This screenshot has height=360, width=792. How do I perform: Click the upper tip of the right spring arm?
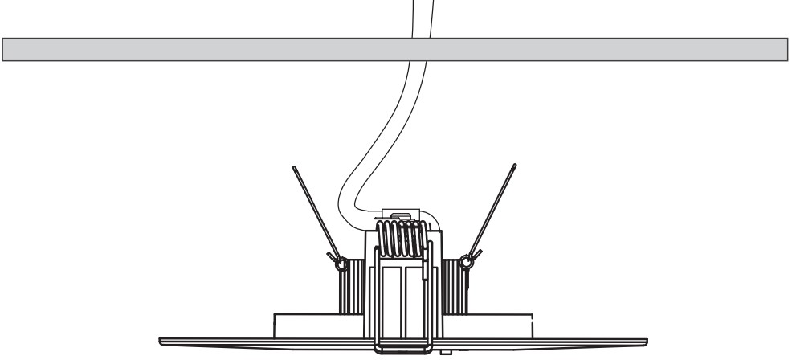point(513,166)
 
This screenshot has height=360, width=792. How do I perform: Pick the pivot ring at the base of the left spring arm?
point(341,261)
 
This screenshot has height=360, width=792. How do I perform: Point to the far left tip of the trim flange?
point(160,338)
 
